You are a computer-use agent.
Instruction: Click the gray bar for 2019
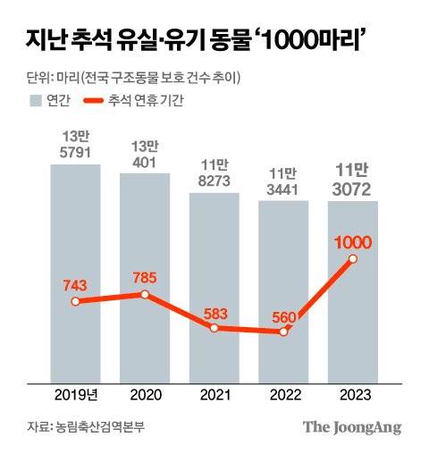point(76,268)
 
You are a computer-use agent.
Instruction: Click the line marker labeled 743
point(76,301)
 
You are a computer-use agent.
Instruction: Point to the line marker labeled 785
point(145,294)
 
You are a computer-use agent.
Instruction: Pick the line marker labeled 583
point(214,328)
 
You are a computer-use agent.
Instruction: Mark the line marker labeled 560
point(283,332)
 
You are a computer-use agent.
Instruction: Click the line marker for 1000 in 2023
point(353,259)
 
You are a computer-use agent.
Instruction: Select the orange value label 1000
point(353,241)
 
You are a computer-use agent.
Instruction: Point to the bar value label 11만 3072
point(353,180)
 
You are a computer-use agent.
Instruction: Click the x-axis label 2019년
point(76,394)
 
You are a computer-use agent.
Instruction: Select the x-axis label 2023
point(353,394)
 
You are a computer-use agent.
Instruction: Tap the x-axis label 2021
point(214,394)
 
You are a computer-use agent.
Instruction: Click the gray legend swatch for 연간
point(38,99)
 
